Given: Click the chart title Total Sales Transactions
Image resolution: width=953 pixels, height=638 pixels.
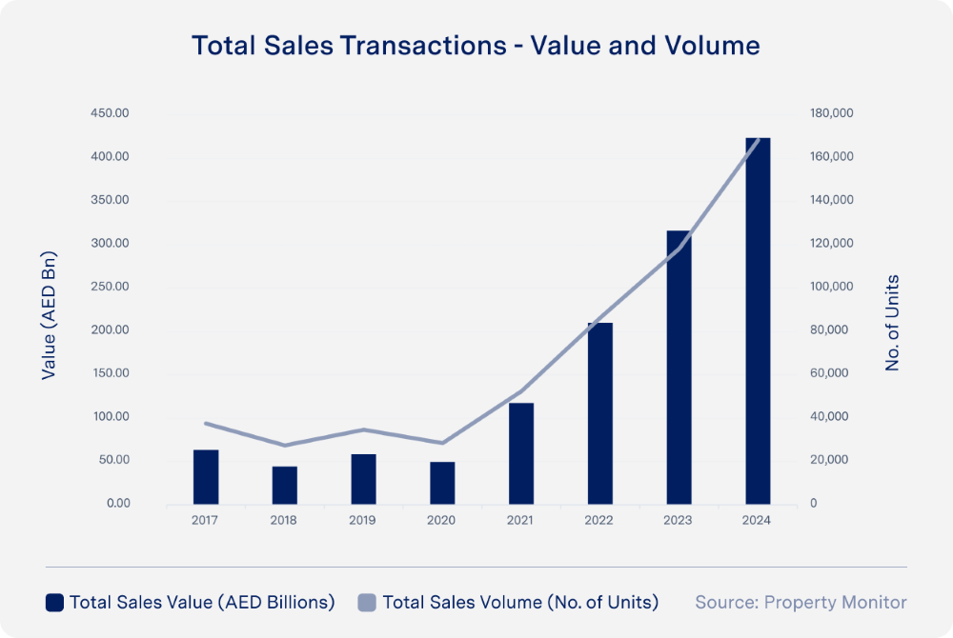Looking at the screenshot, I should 476,46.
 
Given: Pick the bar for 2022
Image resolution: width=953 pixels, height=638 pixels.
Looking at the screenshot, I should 599,413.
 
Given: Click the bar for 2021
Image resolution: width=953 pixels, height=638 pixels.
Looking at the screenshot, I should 520,453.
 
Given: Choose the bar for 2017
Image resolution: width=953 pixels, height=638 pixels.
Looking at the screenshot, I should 206,476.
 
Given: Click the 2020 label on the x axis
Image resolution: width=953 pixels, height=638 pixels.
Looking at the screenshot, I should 441,521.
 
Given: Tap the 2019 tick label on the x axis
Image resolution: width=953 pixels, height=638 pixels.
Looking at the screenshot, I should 362,521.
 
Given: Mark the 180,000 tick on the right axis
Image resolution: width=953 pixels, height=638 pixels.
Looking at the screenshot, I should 831,113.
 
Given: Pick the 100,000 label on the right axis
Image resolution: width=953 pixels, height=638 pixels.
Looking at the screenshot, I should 831,287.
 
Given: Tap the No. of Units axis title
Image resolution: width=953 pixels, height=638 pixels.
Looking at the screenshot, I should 893,323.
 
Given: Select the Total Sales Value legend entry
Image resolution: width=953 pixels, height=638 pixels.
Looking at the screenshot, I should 191,602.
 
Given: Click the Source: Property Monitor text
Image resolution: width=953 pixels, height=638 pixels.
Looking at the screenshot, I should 801,602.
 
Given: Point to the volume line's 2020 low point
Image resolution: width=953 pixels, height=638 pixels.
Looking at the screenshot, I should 441,443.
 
